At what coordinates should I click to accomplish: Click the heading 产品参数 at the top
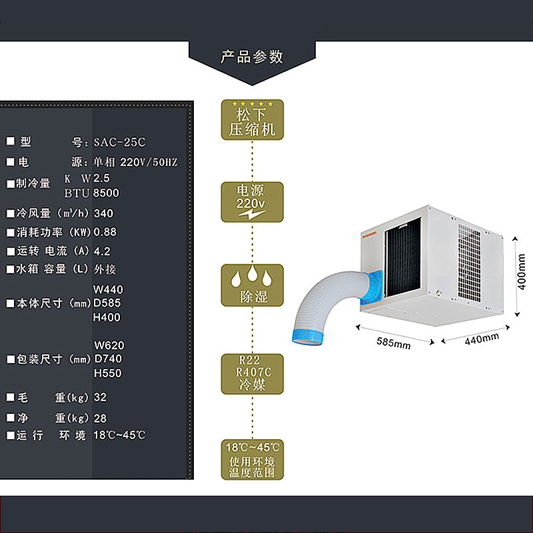point(252,57)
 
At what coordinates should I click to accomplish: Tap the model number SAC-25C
point(119,142)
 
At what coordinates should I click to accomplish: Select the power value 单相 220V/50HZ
point(135,162)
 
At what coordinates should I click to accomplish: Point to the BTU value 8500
point(107,193)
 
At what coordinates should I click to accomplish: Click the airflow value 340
point(103,214)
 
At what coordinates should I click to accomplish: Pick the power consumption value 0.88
point(105,233)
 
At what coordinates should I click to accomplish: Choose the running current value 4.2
point(102,251)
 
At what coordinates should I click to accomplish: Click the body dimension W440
point(109,290)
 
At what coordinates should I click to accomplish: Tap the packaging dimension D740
point(109,359)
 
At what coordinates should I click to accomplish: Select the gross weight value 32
point(100,397)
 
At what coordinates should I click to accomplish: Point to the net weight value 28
point(100,418)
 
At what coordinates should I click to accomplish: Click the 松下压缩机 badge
point(252,120)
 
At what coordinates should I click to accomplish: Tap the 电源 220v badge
point(252,202)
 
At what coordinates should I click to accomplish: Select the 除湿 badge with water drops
point(252,285)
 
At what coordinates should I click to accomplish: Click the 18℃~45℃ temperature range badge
point(252,460)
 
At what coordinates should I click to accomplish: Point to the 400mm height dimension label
point(522,274)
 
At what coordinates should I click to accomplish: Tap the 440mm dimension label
point(481,338)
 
